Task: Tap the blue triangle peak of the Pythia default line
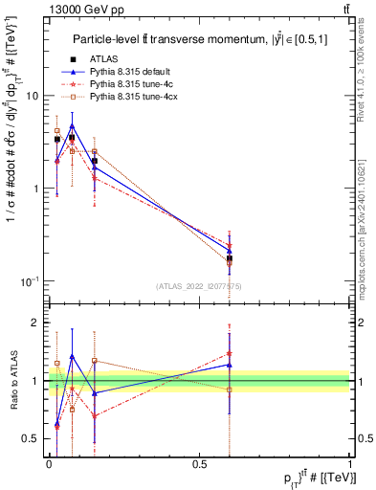click(72, 125)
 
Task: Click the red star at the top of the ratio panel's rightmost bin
click(230, 353)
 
